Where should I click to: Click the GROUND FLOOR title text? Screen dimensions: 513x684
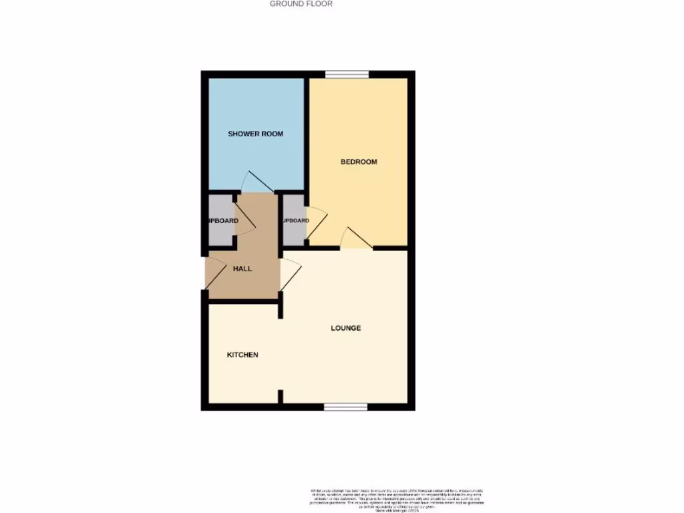click(301, 4)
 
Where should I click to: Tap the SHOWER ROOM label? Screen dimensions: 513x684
click(255, 134)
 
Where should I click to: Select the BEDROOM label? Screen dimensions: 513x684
click(359, 162)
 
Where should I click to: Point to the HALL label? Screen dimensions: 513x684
click(242, 269)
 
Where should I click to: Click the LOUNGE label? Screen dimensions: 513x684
click(346, 328)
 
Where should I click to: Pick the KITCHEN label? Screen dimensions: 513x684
click(242, 355)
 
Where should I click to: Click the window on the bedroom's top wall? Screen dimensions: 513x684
click(347, 74)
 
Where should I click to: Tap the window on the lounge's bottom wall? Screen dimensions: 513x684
click(345, 407)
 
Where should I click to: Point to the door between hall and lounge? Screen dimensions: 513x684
click(291, 275)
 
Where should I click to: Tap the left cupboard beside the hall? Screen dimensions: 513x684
click(220, 220)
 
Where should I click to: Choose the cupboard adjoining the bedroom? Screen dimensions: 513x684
click(294, 220)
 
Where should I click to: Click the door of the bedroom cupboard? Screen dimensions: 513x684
click(317, 221)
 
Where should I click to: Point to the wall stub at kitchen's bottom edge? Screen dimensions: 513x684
click(281, 397)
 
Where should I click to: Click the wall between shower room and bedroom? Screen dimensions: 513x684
click(307, 134)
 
